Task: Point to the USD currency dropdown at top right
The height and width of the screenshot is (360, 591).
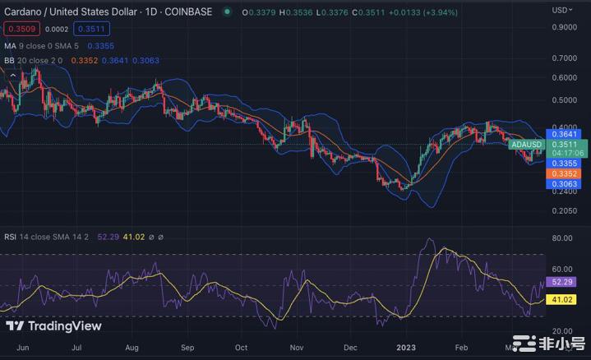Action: click(563, 10)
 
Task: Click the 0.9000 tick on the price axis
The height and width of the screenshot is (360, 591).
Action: click(564, 26)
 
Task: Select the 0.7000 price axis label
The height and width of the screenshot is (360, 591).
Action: click(564, 58)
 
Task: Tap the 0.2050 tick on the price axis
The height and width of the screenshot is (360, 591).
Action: click(564, 210)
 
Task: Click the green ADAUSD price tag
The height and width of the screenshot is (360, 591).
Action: click(526, 145)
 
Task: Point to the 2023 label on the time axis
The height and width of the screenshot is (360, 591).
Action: click(406, 348)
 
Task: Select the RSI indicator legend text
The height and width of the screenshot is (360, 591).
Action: click(49, 237)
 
